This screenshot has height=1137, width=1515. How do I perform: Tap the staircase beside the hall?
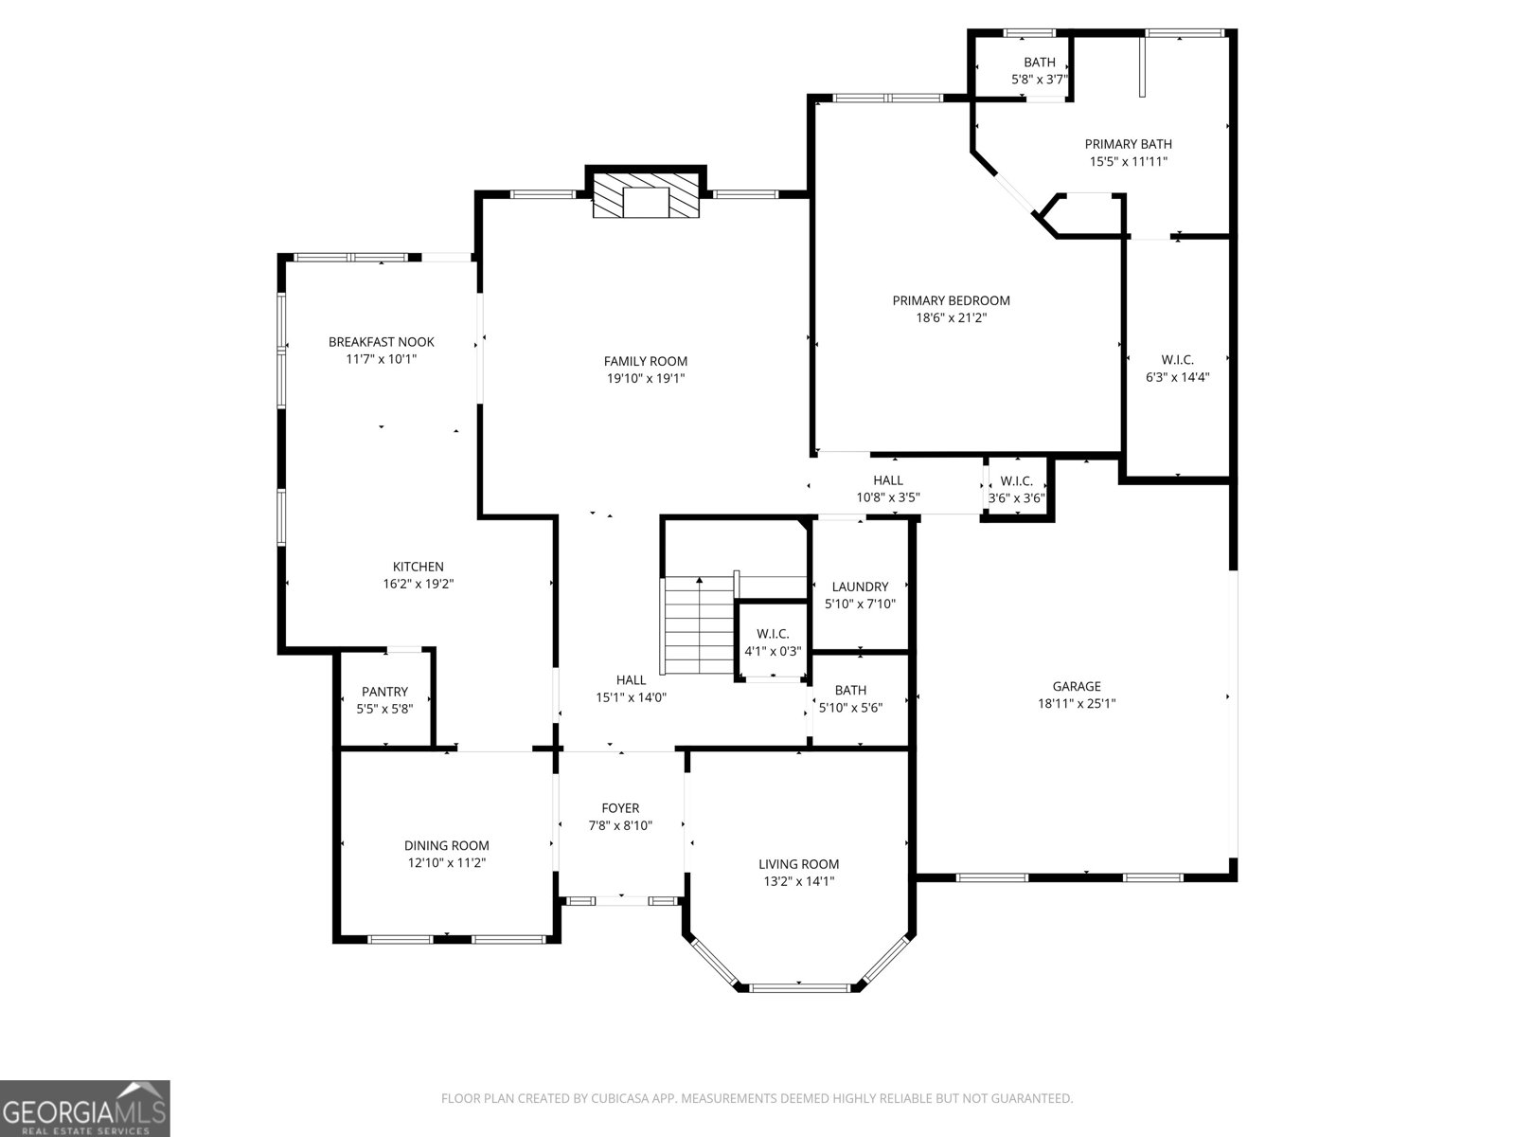coord(699,625)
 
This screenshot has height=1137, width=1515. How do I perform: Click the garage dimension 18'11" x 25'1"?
coord(1077,704)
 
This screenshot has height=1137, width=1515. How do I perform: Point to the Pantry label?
coord(384,692)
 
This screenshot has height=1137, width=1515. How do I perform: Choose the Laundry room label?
coord(860,587)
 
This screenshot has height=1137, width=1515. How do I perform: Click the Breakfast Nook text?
coord(381,342)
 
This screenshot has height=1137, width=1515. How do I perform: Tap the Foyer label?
coord(620,808)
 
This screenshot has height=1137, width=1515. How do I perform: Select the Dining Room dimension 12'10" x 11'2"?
coord(447,863)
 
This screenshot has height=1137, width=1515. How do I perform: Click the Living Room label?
coord(798,864)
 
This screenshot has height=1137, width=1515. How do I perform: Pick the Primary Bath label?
coord(1128,144)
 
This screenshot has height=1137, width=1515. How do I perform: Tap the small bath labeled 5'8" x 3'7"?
coord(1039,63)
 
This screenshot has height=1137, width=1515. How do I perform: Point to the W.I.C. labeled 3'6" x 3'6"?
coord(1016,481)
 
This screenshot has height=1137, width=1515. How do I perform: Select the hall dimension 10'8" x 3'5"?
coord(888,497)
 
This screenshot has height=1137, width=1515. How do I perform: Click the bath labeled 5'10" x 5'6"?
coord(850,690)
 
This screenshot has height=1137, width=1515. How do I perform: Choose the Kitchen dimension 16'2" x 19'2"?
coord(418,585)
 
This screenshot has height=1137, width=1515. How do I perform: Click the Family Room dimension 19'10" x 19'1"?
coord(646,379)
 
